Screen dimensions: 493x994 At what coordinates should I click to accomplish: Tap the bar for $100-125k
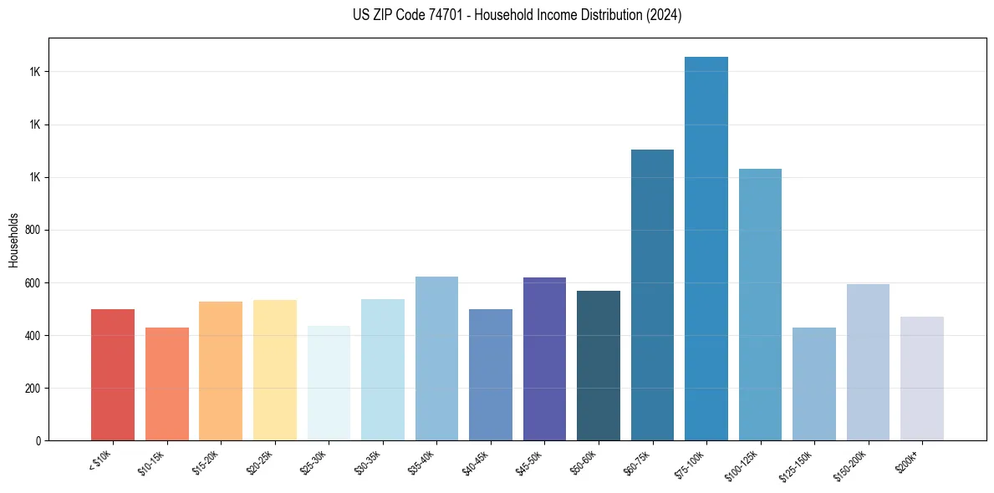pyautogui.click(x=760, y=304)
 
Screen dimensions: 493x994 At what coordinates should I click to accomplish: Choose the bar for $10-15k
pyautogui.click(x=166, y=384)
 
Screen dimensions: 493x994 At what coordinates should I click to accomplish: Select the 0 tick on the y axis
pyautogui.click(x=38, y=440)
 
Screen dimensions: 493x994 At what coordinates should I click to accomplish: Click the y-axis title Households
pyautogui.click(x=13, y=239)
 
